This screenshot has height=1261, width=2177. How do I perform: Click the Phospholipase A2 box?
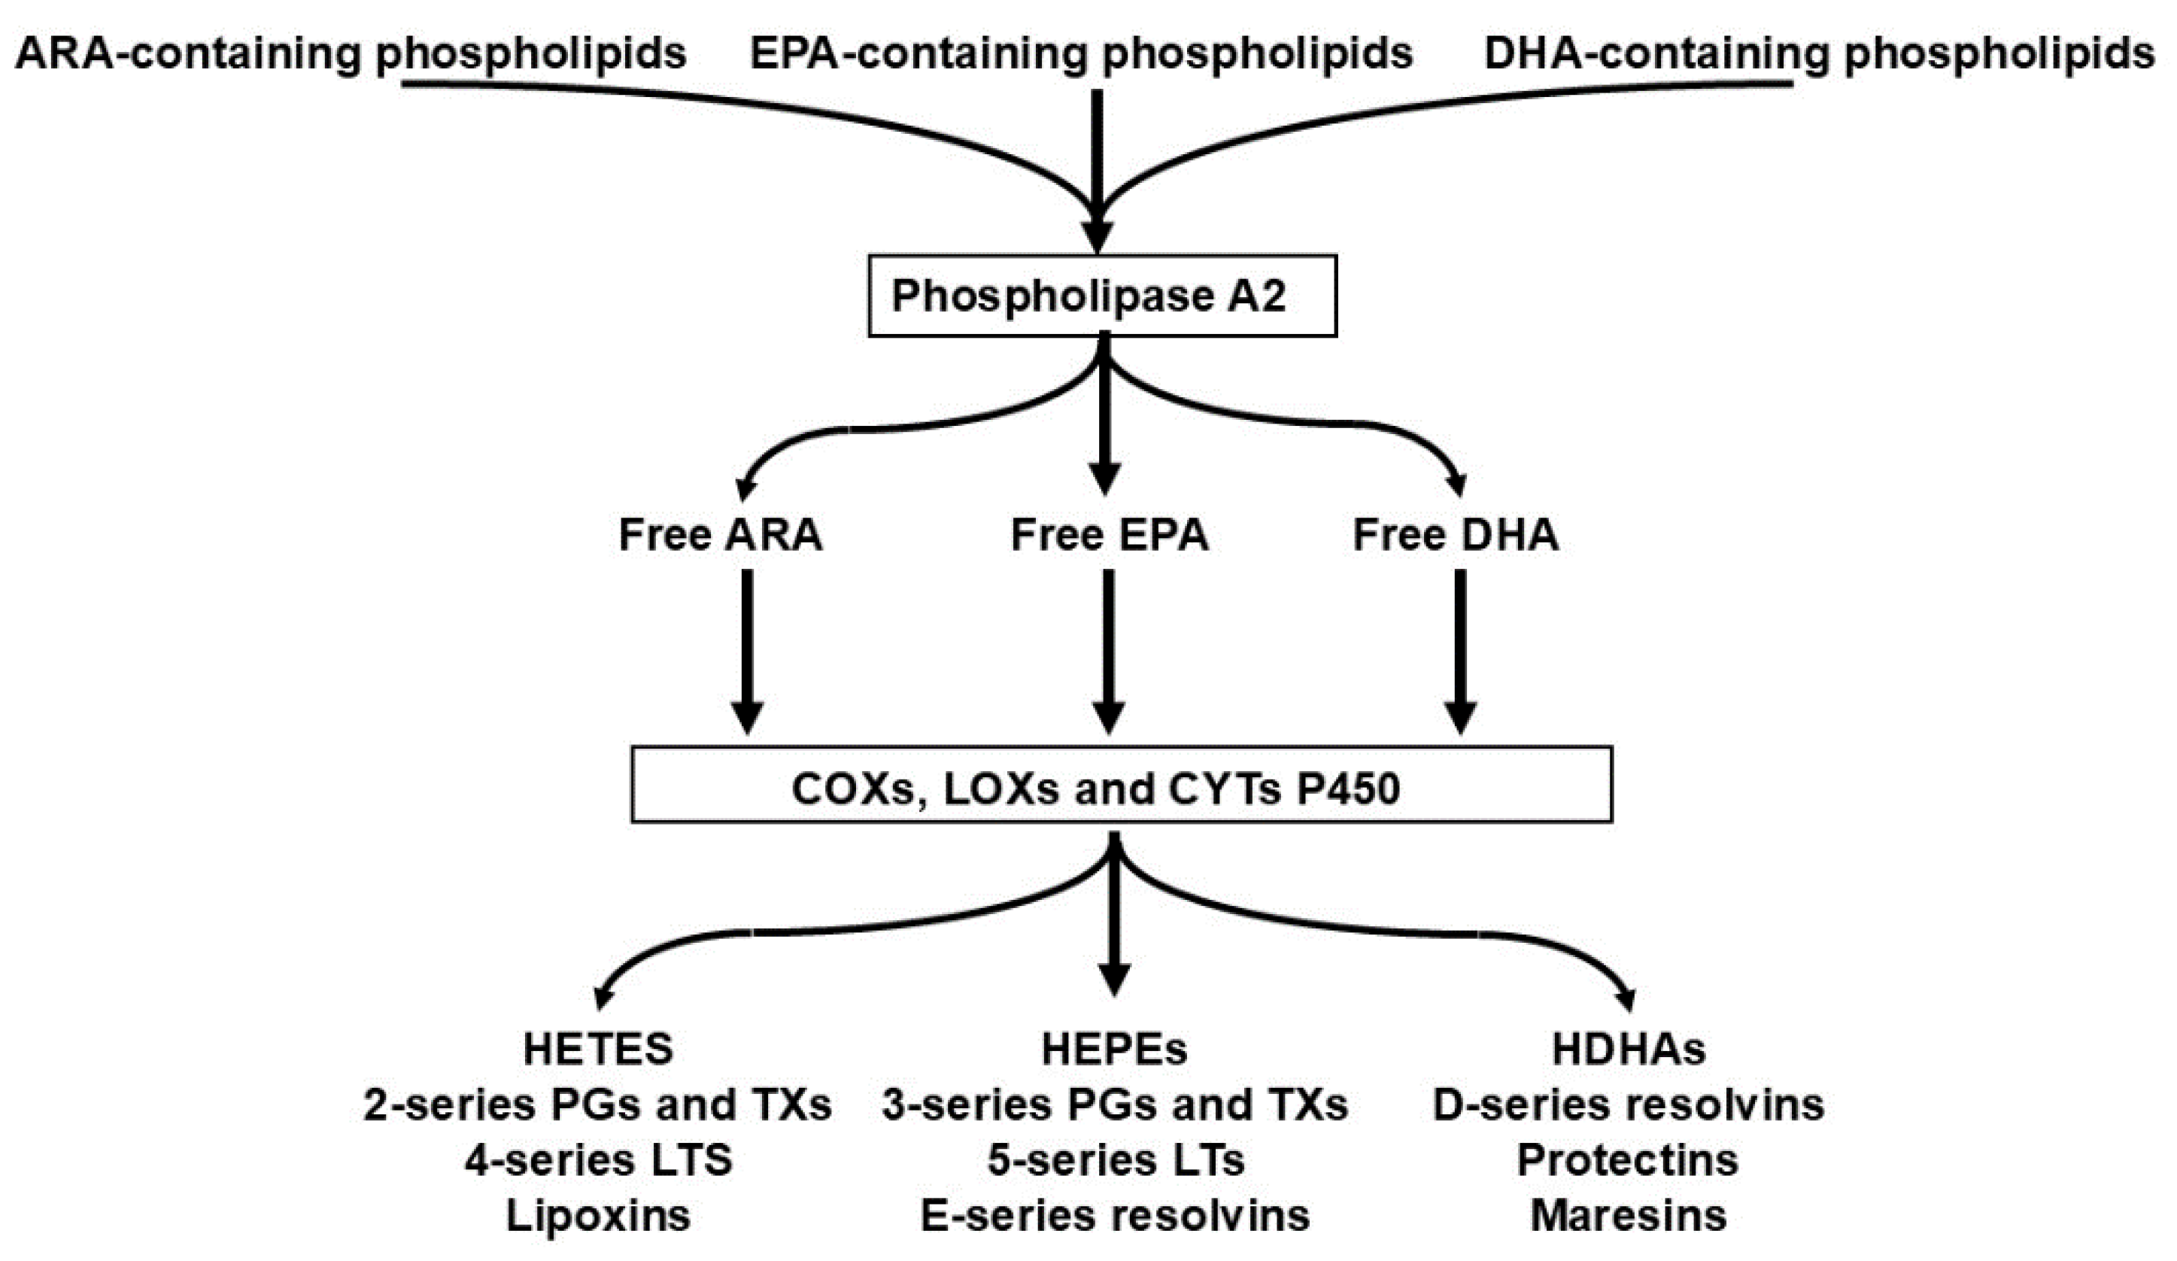1101,296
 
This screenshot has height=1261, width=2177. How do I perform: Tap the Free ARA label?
720,534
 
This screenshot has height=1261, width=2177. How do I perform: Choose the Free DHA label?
1455,534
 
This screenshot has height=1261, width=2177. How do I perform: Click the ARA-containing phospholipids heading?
350,53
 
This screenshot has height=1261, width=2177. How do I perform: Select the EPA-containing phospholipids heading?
1080,53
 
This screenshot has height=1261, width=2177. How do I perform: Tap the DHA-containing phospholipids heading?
1818,53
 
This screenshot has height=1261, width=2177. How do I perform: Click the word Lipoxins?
598,1215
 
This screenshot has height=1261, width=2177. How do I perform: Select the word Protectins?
1628,1160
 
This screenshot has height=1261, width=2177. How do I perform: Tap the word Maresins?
1628,1215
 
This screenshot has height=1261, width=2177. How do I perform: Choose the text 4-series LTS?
598,1160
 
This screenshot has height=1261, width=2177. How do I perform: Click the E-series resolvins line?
1113,1215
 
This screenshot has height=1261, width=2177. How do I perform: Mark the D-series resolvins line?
1628,1105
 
